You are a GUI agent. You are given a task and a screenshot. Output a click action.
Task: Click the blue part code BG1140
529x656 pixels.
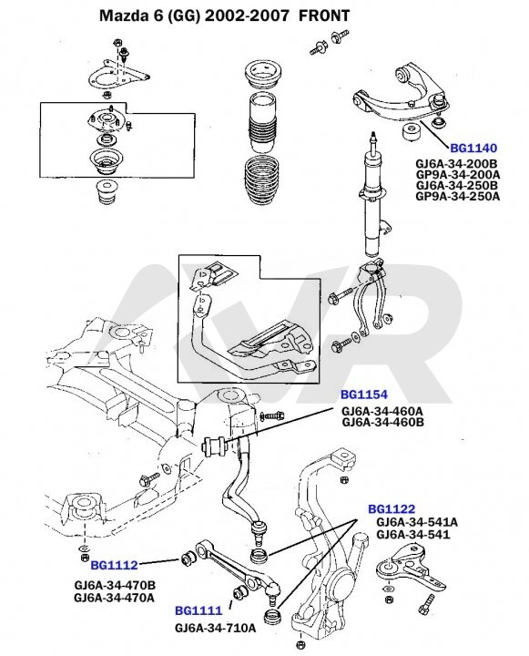pyautogui.click(x=473, y=149)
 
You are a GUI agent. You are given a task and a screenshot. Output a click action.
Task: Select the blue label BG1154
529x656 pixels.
pyautogui.click(x=364, y=395)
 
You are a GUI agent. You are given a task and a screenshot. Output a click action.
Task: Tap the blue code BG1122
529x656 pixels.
pyautogui.click(x=392, y=509)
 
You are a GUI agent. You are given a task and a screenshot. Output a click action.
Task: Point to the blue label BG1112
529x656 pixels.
pyautogui.click(x=114, y=566)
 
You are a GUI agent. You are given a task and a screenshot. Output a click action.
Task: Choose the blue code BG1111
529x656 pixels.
pyautogui.click(x=198, y=610)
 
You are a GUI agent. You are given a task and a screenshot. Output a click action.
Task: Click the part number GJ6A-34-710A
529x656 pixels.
pyautogui.click(x=216, y=629)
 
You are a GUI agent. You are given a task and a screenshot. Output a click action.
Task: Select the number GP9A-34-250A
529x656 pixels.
pyautogui.click(x=457, y=196)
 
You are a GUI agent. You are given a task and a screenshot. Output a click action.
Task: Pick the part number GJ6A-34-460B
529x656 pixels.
pyautogui.click(x=382, y=422)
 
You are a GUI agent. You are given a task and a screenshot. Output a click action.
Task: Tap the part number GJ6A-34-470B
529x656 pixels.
pyautogui.click(x=115, y=585)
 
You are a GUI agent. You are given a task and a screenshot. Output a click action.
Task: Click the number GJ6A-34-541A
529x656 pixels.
pyautogui.click(x=417, y=523)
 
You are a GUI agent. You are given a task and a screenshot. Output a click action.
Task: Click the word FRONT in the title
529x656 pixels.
pyautogui.click(x=324, y=15)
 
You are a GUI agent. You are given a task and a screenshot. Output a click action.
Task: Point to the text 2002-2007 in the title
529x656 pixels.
pyautogui.click(x=247, y=15)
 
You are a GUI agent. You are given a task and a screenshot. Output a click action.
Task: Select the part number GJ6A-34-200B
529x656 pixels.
pyautogui.click(x=456, y=164)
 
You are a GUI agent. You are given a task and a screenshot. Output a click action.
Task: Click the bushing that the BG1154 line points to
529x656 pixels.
pyautogui.click(x=214, y=446)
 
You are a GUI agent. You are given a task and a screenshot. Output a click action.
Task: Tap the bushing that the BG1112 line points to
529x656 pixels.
pyautogui.click(x=188, y=559)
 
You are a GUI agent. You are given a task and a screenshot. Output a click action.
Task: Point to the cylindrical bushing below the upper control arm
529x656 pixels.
pyautogui.click(x=412, y=133)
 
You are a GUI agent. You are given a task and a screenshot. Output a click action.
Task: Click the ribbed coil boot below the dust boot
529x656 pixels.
pyautogui.click(x=262, y=180)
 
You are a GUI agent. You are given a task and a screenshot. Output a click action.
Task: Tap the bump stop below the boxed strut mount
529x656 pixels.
pyautogui.click(x=106, y=192)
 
